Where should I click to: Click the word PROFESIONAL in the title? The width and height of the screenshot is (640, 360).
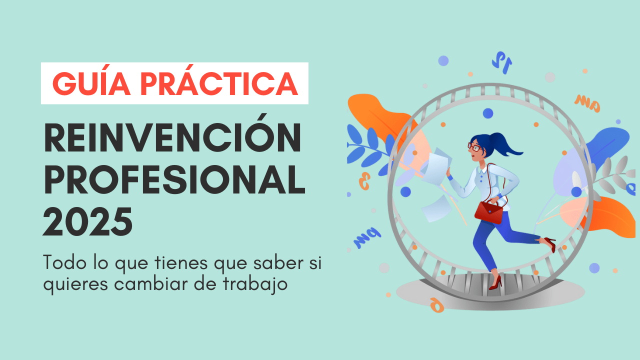pyautogui.click(x=174, y=179)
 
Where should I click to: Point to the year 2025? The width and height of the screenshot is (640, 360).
pyautogui.click(x=87, y=221)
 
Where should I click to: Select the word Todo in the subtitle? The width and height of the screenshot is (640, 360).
pyautogui.click(x=64, y=262)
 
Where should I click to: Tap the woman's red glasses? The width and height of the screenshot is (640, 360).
pyautogui.click(x=474, y=147)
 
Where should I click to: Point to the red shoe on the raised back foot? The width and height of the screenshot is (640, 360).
pyautogui.click(x=550, y=244)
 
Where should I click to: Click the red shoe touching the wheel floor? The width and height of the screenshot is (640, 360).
pyautogui.click(x=495, y=283)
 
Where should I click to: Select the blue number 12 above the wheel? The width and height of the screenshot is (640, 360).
pyautogui.click(x=501, y=62)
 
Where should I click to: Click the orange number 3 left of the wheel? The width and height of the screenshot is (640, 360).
pyautogui.click(x=364, y=181)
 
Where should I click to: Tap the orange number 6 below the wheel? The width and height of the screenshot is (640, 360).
pyautogui.click(x=437, y=305)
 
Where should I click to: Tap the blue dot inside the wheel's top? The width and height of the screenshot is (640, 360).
pyautogui.click(x=488, y=113)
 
